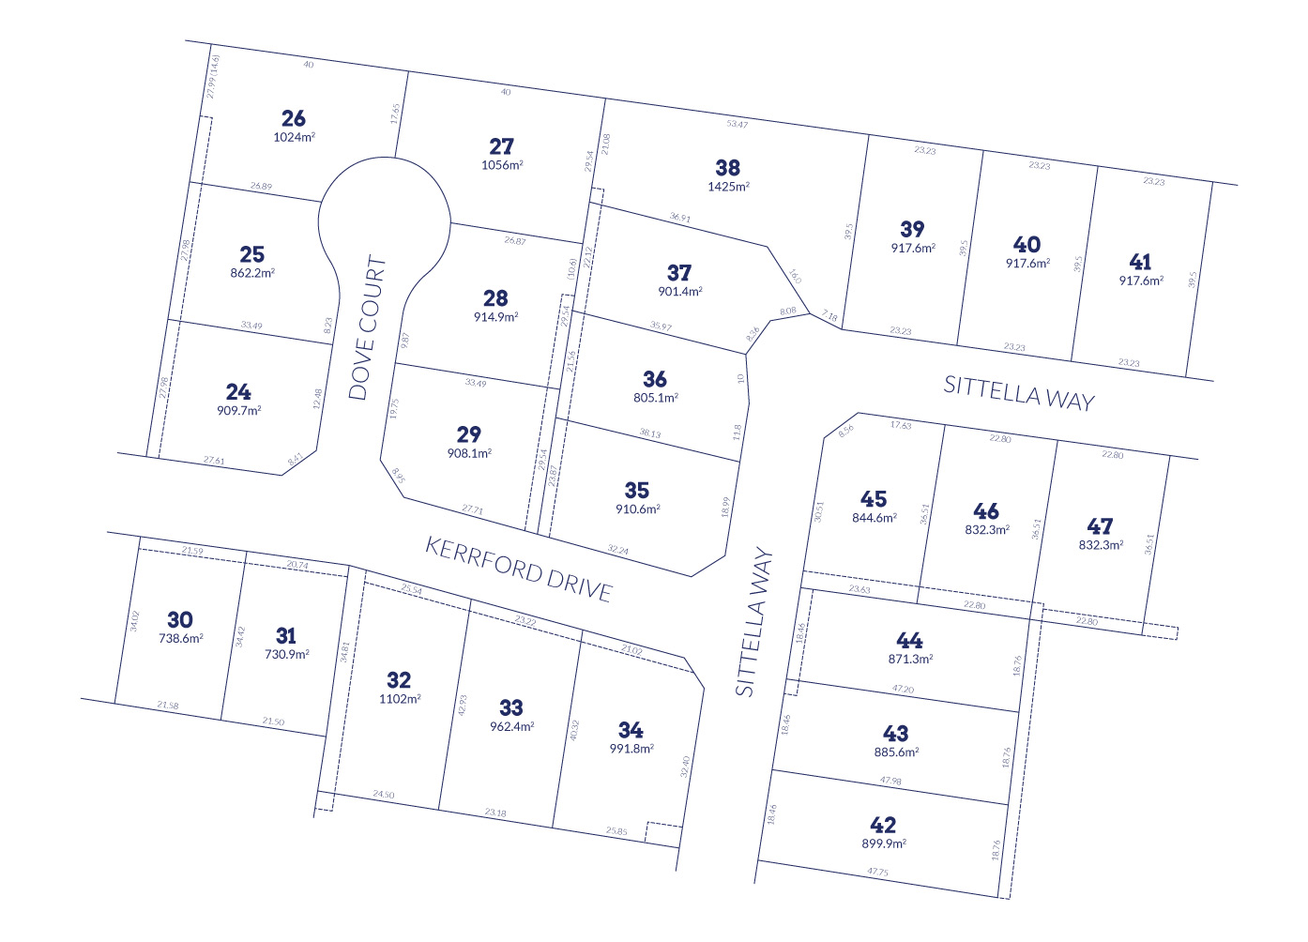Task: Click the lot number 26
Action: [294, 118]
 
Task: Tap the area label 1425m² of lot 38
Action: [728, 187]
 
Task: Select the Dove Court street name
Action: [367, 327]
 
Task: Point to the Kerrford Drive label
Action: [519, 569]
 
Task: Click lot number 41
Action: [1140, 262]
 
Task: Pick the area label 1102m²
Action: [400, 699]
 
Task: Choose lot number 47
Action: [1100, 526]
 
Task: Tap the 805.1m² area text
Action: [655, 398]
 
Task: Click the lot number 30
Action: [180, 619]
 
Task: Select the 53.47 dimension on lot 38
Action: [738, 124]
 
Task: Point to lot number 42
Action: [883, 825]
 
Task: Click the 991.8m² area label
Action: [631, 749]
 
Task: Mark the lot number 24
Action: [238, 392]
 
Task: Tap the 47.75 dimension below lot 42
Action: [877, 872]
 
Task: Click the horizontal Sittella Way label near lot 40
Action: [1019, 392]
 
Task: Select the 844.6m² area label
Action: [874, 518]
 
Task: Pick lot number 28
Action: [495, 298]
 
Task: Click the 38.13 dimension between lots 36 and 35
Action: [649, 433]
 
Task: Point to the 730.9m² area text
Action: [286, 655]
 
